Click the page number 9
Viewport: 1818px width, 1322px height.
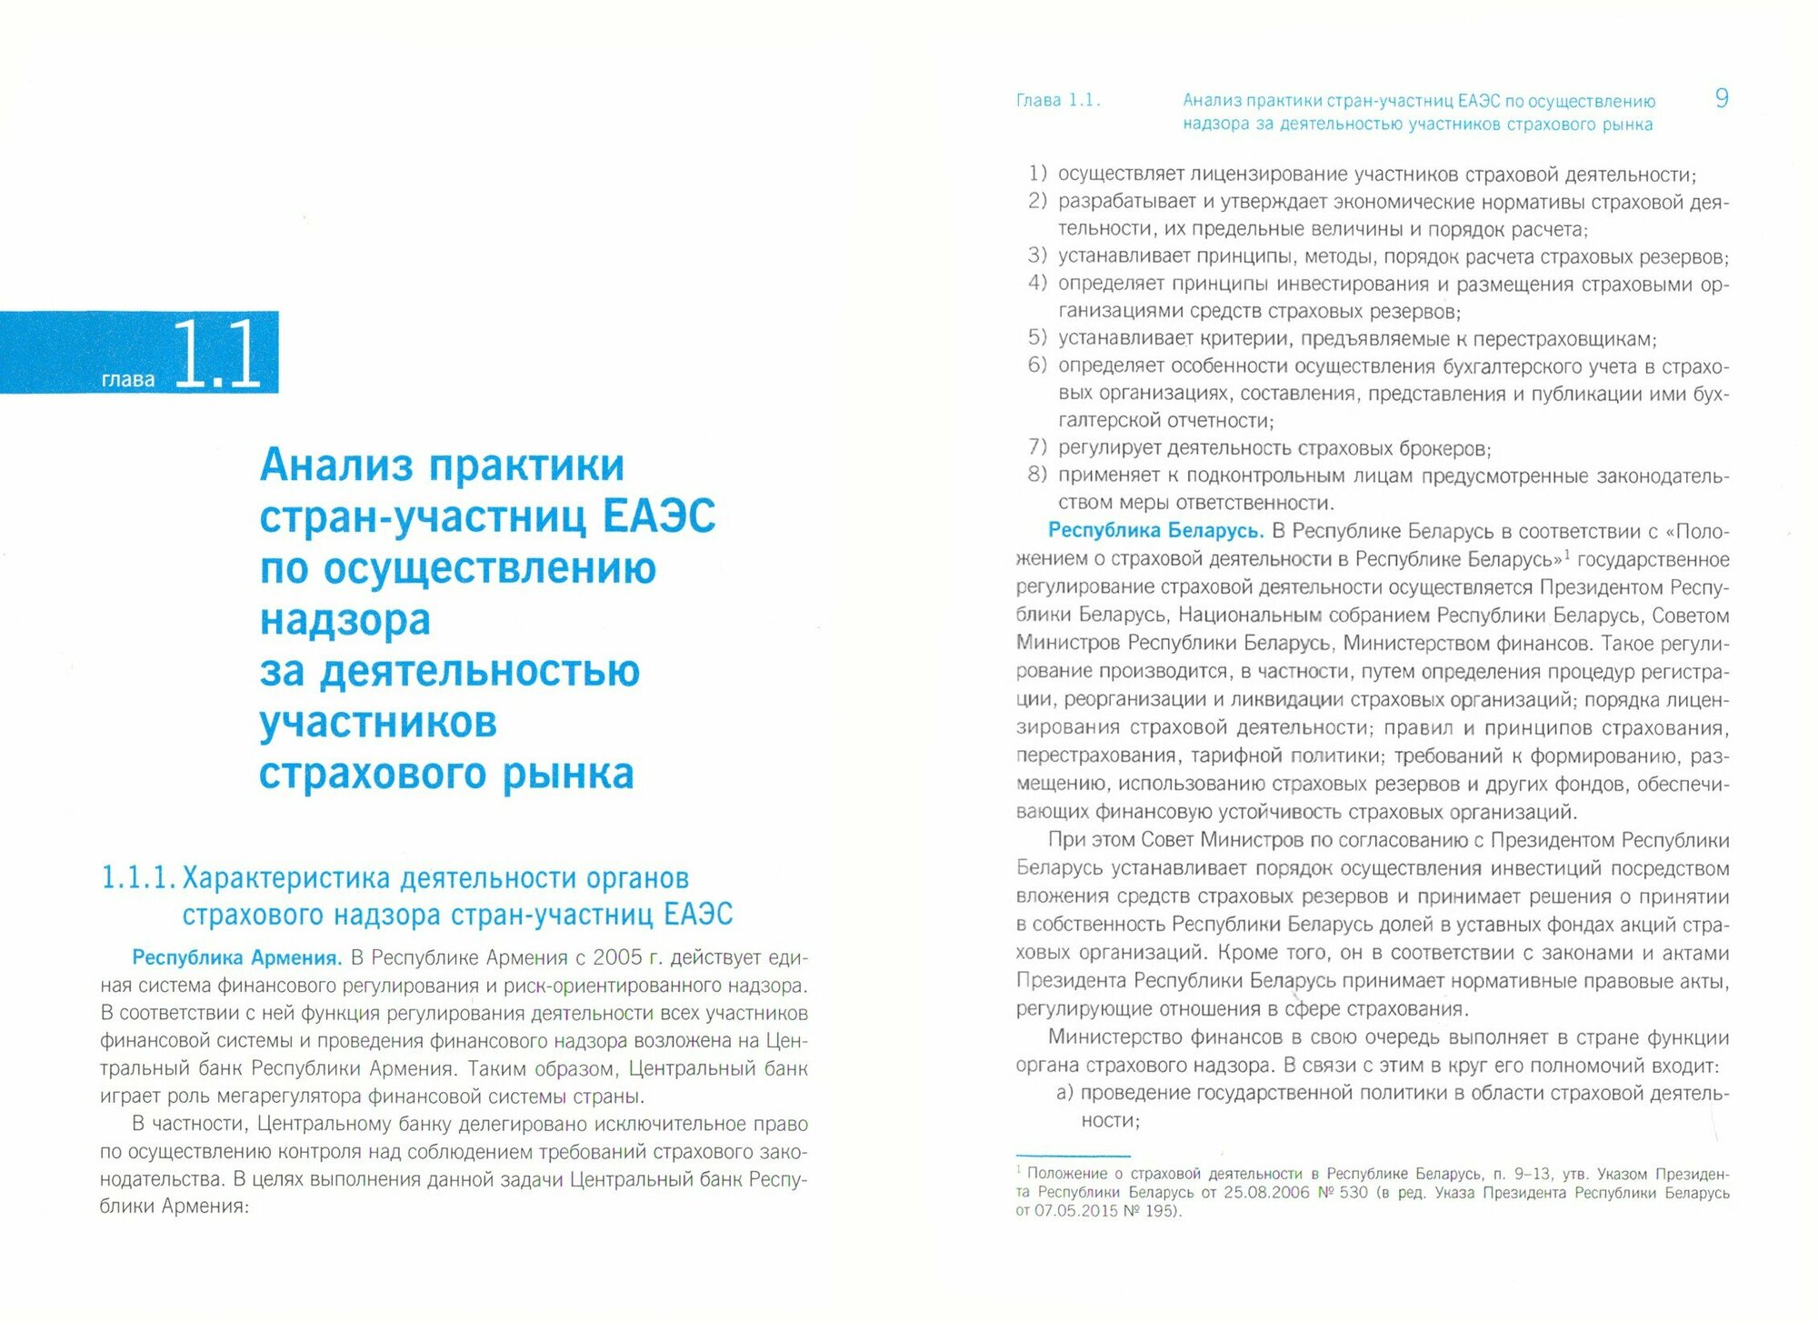tap(1721, 98)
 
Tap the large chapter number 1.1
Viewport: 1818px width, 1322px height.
tap(216, 354)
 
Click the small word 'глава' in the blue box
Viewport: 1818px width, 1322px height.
tap(128, 379)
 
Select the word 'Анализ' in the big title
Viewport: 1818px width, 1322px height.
tap(337, 466)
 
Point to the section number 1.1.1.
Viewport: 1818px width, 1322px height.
tap(137, 878)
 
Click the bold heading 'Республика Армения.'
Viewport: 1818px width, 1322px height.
tap(236, 957)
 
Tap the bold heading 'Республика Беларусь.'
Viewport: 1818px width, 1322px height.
tap(1155, 530)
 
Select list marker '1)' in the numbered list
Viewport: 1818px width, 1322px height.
tap(1037, 174)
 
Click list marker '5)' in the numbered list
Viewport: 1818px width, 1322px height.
tap(1037, 338)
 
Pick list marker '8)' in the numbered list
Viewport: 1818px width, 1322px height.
tap(1037, 475)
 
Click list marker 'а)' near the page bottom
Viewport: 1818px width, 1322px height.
tap(1065, 1092)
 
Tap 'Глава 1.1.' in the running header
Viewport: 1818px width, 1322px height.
tap(1057, 101)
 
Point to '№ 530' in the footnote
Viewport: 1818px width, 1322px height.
tap(1343, 1192)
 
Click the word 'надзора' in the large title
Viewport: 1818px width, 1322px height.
tap(345, 620)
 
